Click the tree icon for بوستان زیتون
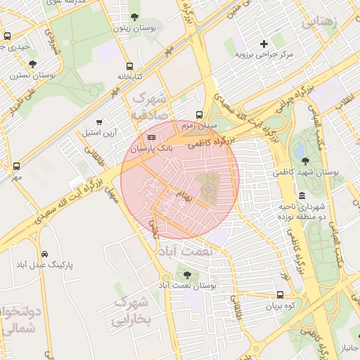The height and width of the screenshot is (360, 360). (134, 17)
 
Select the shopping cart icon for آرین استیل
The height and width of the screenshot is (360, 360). (98, 121)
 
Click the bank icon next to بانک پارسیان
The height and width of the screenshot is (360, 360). (152, 137)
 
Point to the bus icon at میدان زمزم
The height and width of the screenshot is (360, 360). (200, 114)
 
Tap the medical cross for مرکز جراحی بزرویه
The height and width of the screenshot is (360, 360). (264, 44)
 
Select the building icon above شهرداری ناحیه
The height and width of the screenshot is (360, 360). (302, 196)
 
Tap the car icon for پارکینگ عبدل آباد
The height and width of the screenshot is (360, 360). (44, 253)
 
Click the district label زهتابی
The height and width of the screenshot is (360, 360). (329, 21)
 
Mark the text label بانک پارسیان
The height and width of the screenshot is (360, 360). (150, 149)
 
